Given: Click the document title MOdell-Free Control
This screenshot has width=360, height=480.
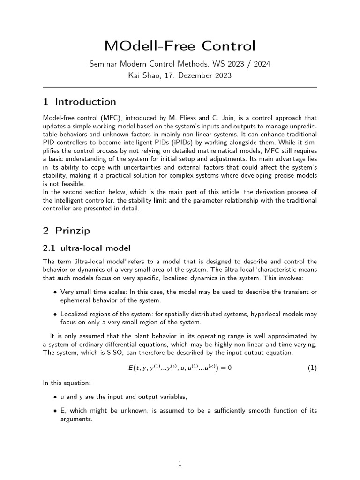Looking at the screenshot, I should (x=180, y=46).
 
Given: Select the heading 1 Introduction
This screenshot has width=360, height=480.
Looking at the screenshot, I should (x=80, y=102).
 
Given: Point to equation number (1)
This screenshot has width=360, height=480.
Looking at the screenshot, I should (x=312, y=368).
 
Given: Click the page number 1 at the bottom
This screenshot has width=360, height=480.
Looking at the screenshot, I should (x=180, y=464).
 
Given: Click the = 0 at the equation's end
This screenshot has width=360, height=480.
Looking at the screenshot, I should (x=225, y=368).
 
